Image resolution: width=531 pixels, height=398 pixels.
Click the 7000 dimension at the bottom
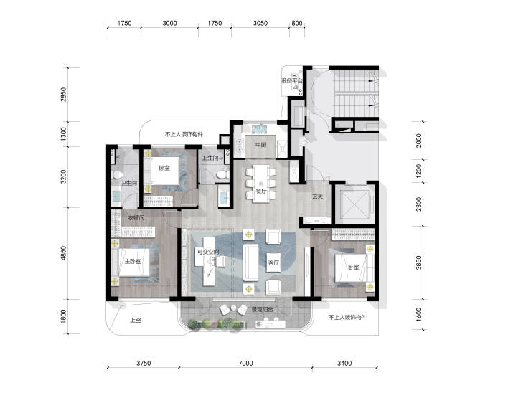point(245,363)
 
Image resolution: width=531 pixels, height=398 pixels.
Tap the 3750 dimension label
point(144,363)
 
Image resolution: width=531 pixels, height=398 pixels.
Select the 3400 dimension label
point(344,363)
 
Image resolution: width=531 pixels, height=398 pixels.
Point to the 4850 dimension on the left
point(64,253)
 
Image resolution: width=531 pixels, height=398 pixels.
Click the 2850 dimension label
point(64,95)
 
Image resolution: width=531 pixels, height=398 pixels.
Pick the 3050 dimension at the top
point(260,23)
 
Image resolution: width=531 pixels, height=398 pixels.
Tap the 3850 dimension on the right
point(419,262)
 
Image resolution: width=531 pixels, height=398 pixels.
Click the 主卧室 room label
point(133,261)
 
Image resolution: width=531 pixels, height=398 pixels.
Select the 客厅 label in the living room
point(273,262)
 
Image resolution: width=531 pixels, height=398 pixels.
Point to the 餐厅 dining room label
point(261,191)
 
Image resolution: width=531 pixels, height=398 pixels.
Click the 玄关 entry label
point(317,196)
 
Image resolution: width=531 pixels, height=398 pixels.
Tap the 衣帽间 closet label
point(136,218)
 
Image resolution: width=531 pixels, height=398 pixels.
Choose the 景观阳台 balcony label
point(263,309)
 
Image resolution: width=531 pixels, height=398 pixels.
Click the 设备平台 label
point(291,81)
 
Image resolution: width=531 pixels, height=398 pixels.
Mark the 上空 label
point(136,320)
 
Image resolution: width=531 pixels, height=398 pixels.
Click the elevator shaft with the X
point(354,204)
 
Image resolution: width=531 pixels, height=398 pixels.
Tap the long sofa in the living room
point(250,262)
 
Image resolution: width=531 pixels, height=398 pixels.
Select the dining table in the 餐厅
point(261,184)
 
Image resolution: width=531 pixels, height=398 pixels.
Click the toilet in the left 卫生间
point(117,175)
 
